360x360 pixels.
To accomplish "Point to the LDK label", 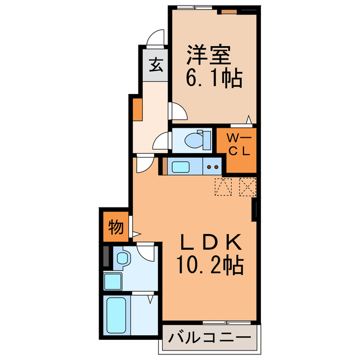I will pyautogui.click(x=211, y=242).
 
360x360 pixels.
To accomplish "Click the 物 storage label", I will pyautogui.click(x=115, y=227).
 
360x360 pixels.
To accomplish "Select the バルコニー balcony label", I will pyautogui.click(x=210, y=339).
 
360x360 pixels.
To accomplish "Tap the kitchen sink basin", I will pyautogui.click(x=181, y=166).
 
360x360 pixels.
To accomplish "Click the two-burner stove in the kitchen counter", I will pyautogui.click(x=213, y=166).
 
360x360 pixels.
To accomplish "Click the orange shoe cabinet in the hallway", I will pyautogui.click(x=137, y=110).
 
